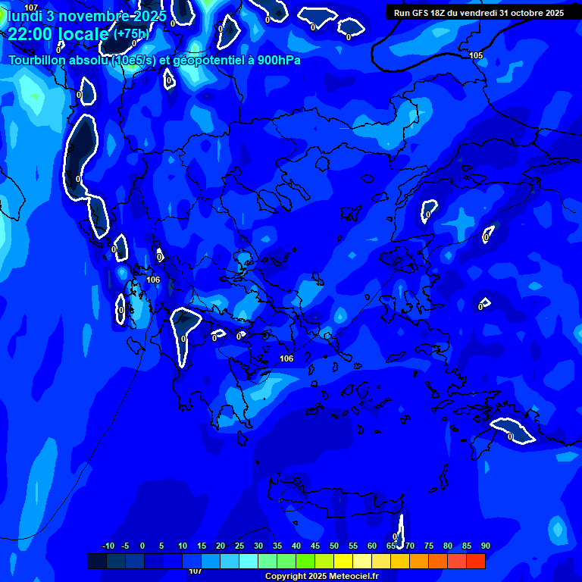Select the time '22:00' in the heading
[x=30, y=33]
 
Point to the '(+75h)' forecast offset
[x=131, y=33]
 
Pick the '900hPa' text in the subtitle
[x=279, y=60]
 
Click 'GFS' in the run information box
[x=423, y=12]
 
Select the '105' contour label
[x=476, y=55]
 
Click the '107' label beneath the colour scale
[x=195, y=571]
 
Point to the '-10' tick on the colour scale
[x=108, y=546]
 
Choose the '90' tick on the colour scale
[x=485, y=546]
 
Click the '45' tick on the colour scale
[x=315, y=546]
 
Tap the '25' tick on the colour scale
[x=239, y=546]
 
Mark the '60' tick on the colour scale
[x=372, y=546]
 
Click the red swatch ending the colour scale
[x=476, y=561]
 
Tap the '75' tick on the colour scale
[x=429, y=546]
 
